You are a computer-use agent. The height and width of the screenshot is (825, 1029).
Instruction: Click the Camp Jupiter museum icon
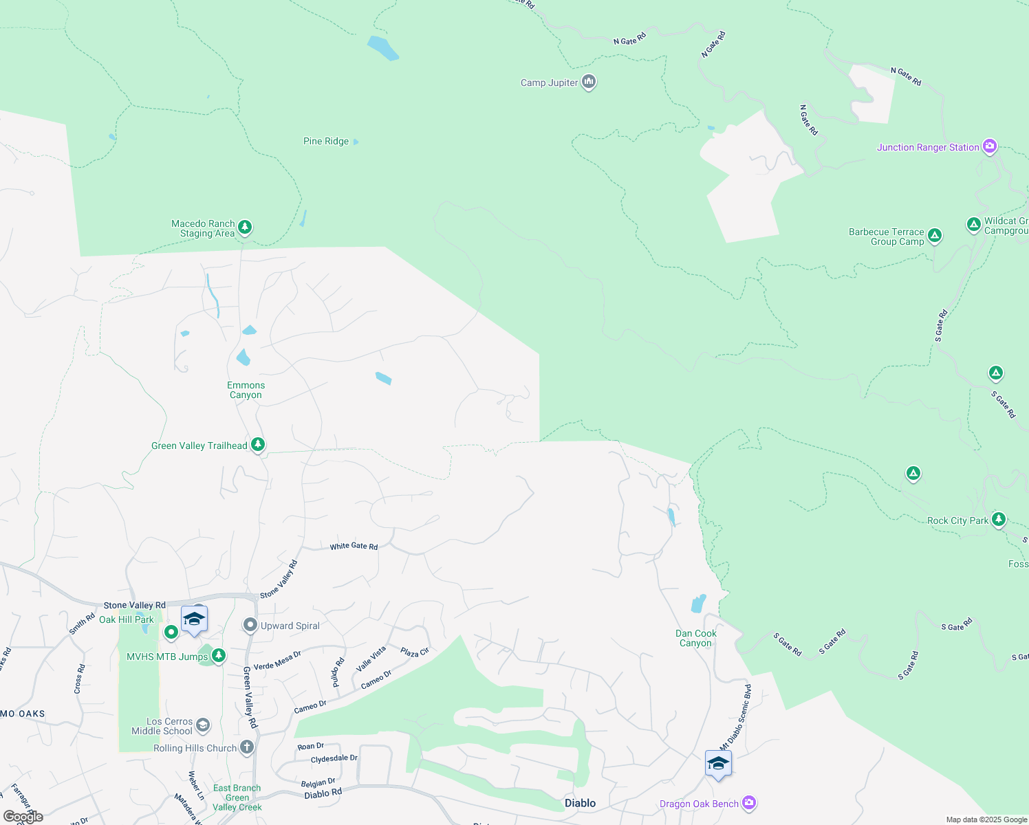pos(589,82)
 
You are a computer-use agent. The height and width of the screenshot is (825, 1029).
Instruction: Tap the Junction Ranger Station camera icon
pos(990,146)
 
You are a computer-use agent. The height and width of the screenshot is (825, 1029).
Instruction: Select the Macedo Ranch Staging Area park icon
pos(245,228)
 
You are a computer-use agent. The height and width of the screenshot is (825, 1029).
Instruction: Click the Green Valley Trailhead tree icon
pos(258,445)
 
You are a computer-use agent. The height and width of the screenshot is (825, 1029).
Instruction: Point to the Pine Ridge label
pos(326,142)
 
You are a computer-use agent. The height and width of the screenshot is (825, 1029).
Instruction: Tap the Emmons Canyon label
pos(246,390)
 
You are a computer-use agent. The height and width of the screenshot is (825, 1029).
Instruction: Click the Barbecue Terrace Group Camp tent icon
pos(934,236)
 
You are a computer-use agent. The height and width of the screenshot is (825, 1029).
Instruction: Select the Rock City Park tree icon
pos(999,520)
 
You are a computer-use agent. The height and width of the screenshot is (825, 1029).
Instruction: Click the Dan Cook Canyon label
pos(695,639)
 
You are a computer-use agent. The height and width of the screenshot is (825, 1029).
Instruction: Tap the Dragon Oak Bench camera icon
pos(749,803)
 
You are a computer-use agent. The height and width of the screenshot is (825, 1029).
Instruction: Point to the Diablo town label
pos(580,803)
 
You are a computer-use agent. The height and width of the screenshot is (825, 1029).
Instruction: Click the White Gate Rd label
pos(354,547)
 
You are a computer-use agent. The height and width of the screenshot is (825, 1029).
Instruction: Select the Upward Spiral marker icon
pos(250,626)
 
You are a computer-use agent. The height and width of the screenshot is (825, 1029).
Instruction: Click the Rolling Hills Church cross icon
pos(247,747)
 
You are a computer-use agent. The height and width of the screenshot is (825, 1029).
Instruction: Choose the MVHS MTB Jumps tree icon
pos(219,656)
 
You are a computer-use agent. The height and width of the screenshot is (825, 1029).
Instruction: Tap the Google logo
pos(23,817)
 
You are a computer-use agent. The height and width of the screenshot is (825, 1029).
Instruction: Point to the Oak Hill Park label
pos(127,619)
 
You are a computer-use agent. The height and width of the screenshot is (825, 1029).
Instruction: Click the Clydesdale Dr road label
pos(334,759)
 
